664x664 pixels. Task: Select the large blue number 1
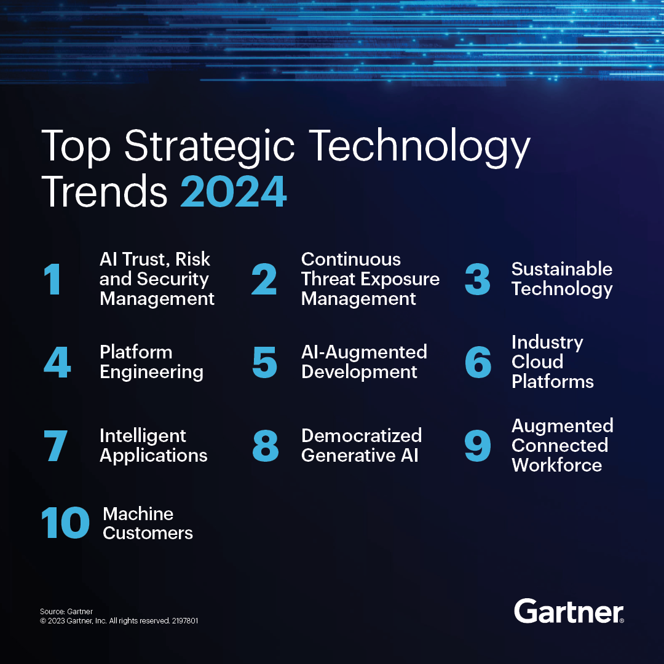click(x=53, y=279)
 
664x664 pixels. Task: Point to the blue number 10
click(x=65, y=523)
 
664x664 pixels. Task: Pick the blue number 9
click(x=478, y=446)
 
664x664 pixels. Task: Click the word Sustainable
click(x=561, y=269)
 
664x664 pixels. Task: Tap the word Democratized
click(x=362, y=436)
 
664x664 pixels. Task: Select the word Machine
click(x=138, y=514)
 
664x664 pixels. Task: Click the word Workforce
click(x=556, y=465)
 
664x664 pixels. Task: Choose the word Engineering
click(x=151, y=373)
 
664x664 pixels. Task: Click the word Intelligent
click(x=143, y=436)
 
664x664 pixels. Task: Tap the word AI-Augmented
click(x=364, y=352)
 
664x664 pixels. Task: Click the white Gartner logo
click(x=569, y=611)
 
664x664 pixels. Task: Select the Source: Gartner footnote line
click(x=66, y=612)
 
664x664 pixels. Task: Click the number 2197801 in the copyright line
click(x=185, y=621)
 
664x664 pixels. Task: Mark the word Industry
click(x=547, y=342)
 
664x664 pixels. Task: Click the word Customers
click(x=148, y=533)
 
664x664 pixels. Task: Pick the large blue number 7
click(x=55, y=446)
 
